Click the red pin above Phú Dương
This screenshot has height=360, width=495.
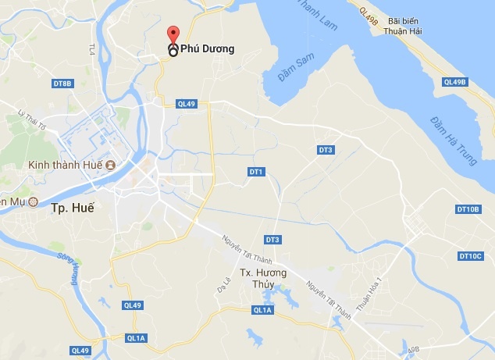(172, 34)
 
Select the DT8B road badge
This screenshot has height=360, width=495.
(62, 83)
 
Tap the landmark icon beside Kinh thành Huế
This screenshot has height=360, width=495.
(110, 166)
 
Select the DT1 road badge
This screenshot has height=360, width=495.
(256, 171)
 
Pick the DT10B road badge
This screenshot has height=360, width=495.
(469, 209)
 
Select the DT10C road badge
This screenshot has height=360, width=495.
(472, 255)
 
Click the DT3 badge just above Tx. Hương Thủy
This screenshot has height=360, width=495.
(272, 239)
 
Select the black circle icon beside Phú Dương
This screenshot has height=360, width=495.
(173, 50)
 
